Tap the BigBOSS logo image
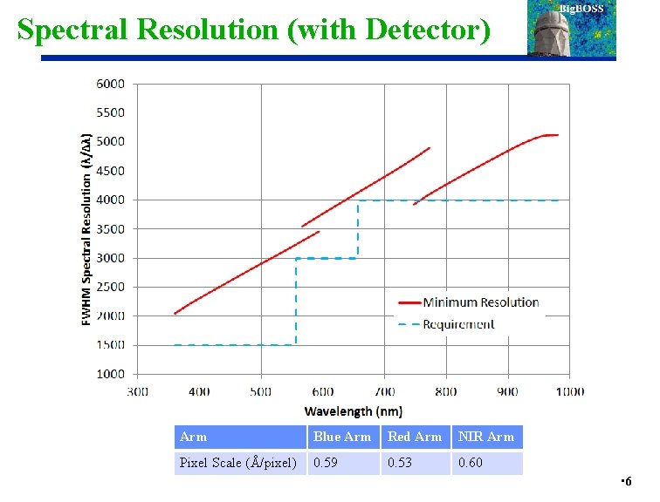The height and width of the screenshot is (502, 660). click(572, 29)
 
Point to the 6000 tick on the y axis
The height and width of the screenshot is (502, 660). click(110, 84)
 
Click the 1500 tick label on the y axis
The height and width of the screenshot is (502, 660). click(110, 345)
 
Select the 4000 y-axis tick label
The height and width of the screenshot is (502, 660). click(110, 200)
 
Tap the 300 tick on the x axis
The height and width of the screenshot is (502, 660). click(138, 392)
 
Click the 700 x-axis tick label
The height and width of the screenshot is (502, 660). click(385, 392)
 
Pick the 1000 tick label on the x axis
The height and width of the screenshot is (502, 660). click(571, 392)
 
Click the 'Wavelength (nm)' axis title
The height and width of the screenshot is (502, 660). click(354, 410)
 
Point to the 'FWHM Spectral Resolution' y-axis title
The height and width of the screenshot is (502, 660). click(86, 229)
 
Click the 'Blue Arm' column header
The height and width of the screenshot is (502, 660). click(342, 437)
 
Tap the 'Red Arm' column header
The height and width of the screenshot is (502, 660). click(415, 437)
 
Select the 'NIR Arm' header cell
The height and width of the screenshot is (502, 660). click(486, 437)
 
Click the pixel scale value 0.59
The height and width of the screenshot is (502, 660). click(326, 463)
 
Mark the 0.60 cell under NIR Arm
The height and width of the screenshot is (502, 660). click(470, 463)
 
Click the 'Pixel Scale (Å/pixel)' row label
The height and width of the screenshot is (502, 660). click(237, 463)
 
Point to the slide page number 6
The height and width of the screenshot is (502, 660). click(629, 482)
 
